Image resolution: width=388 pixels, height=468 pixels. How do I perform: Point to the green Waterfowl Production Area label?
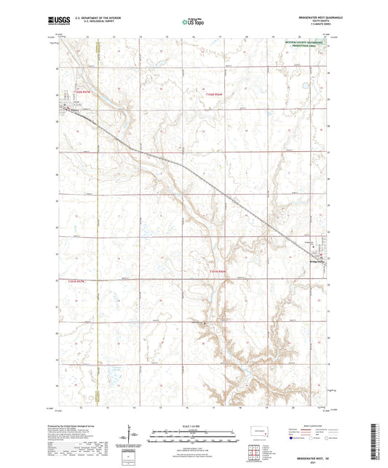pyautogui.click(x=306, y=44)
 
